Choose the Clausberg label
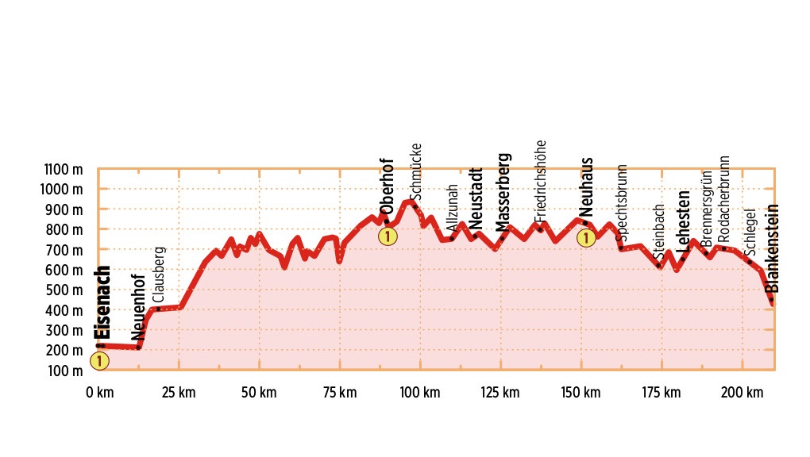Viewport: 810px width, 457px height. coord(159,274)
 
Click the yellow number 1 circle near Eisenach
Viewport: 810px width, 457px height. coord(99,361)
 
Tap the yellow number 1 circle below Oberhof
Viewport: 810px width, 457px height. coord(387,236)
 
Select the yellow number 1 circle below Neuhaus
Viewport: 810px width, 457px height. coord(586,237)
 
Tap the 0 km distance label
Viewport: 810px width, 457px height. coord(99,392)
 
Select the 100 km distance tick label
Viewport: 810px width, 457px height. coord(420,392)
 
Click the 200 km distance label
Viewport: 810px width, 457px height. coord(742,392)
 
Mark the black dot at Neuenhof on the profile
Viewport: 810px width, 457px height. coord(138,347)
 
